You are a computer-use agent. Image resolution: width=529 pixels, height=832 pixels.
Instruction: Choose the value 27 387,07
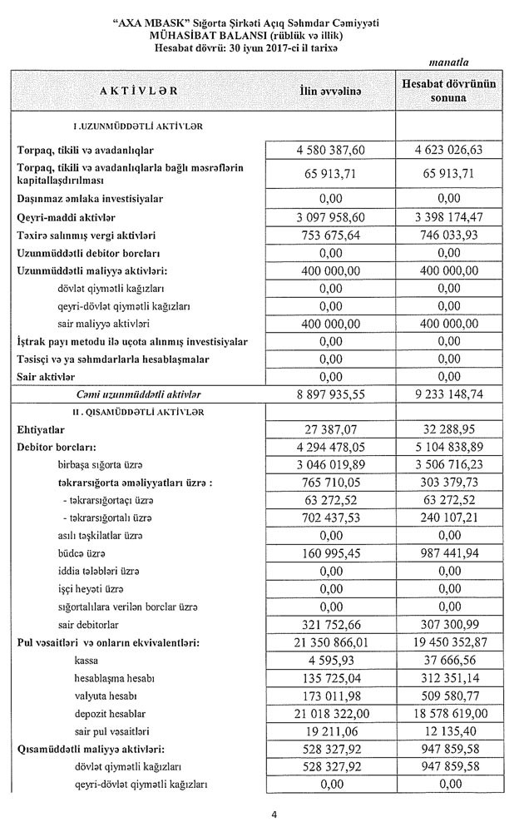(x=330, y=430)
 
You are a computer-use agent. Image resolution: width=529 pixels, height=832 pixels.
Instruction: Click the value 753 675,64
(x=330, y=235)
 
